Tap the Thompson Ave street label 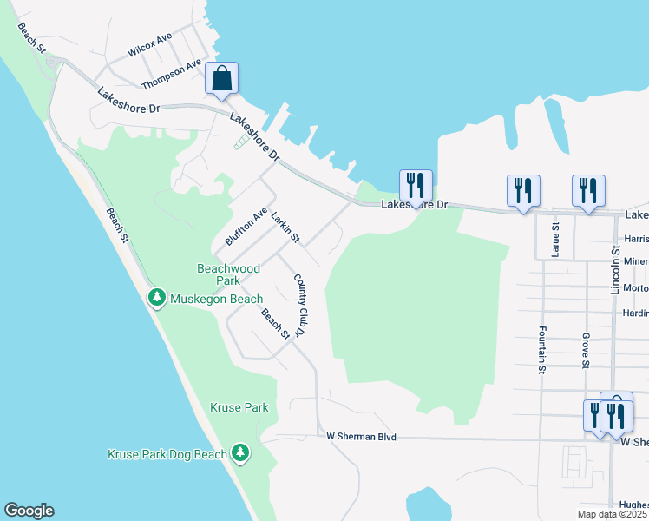pyautogui.click(x=172, y=74)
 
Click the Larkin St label pyautogui.click(x=285, y=227)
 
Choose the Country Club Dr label pyautogui.click(x=300, y=305)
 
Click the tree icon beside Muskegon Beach pyautogui.click(x=157, y=299)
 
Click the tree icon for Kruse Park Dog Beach pyautogui.click(x=240, y=453)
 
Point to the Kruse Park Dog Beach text pyautogui.click(x=167, y=453)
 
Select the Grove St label pyautogui.click(x=587, y=352)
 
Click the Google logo pyautogui.click(x=29, y=511)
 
